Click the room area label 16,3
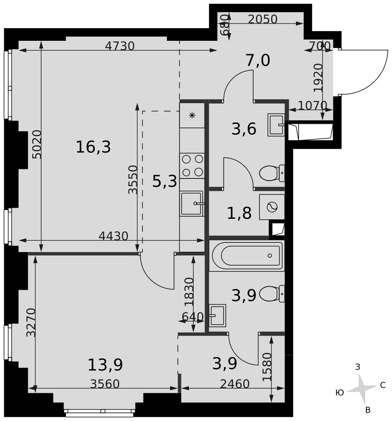click(93, 147)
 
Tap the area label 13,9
click(105, 365)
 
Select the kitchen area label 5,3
click(165, 181)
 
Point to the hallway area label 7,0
click(258, 60)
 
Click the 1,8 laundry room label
click(239, 213)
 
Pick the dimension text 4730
click(120, 46)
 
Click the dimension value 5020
click(37, 144)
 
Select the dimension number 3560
click(105, 384)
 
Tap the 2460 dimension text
click(235, 384)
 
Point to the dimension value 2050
click(262, 19)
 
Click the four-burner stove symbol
click(192, 165)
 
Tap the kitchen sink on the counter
click(192, 203)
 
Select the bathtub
click(247, 256)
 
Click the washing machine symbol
click(272, 207)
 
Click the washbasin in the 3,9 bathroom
click(217, 315)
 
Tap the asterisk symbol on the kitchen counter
click(192, 116)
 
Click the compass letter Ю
click(340, 393)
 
